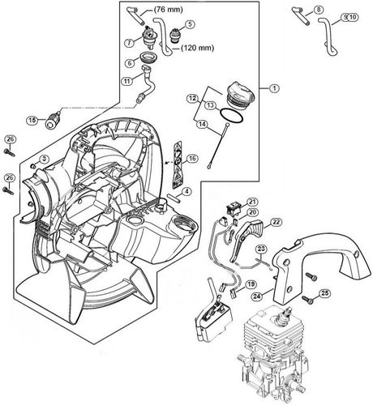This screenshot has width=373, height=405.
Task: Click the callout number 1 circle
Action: pyautogui.click(x=274, y=87)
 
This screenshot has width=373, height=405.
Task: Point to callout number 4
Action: pyautogui.click(x=186, y=191)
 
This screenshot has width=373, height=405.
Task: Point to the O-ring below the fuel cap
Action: pyautogui.click(x=231, y=118)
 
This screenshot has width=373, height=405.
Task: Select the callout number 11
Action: pyautogui.click(x=126, y=80)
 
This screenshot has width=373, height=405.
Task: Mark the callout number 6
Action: pyautogui.click(x=128, y=62)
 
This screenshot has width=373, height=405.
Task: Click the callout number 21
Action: pyautogui.click(x=252, y=202)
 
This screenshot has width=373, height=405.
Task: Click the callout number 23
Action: pyautogui.click(x=262, y=249)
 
